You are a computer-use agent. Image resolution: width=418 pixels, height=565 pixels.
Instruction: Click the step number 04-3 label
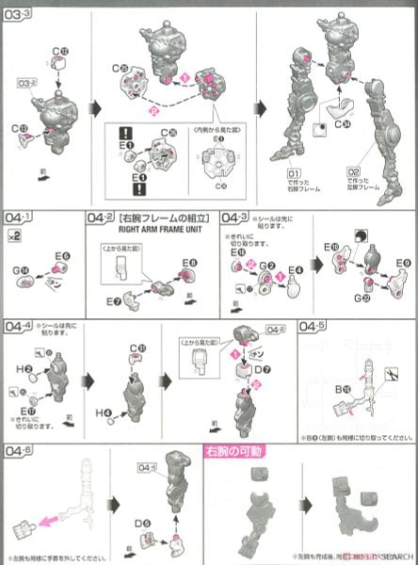pos(235,217)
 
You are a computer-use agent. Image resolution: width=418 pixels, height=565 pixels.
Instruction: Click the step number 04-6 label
pos(18,451)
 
